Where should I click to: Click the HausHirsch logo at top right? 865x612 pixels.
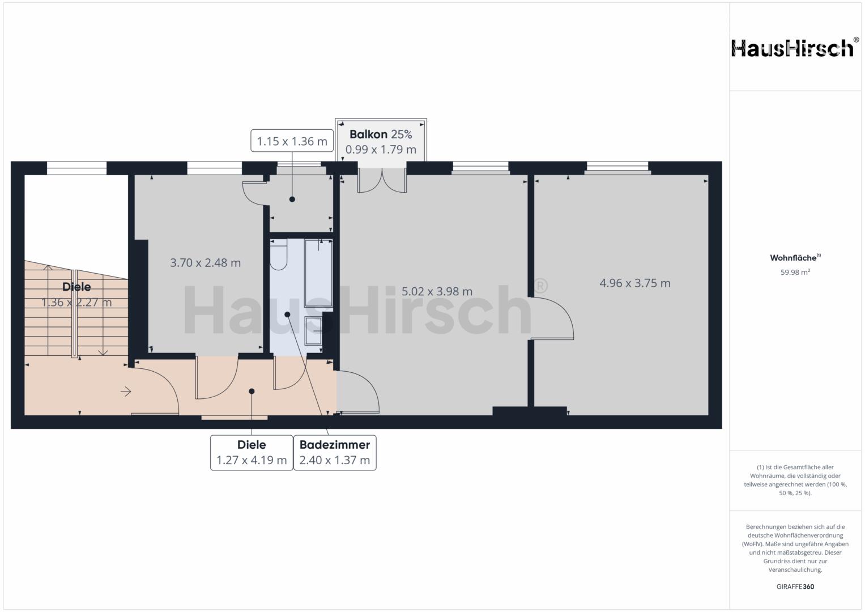795,48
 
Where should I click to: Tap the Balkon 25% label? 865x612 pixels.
381,134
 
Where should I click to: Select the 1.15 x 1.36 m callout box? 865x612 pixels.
292,141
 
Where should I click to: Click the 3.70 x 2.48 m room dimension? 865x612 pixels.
206,263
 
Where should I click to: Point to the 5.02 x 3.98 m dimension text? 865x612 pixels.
437,291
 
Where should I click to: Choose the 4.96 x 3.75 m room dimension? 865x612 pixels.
635,283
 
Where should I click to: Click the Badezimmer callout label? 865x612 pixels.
335,445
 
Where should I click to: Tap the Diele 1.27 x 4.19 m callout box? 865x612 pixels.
252,453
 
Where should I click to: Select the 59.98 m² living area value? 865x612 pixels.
795,272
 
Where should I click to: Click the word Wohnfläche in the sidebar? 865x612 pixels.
793,258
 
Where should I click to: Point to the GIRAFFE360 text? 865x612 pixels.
795,586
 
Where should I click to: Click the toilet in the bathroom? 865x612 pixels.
279,254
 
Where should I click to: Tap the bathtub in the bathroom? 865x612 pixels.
318,273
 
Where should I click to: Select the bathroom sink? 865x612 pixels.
313,331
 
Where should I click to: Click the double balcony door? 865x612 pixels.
382,181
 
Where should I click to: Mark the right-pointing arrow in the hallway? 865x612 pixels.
126,392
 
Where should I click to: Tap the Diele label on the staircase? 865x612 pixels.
76,287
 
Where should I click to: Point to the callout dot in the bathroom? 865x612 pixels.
287,314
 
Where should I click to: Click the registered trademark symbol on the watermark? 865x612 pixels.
540,286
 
